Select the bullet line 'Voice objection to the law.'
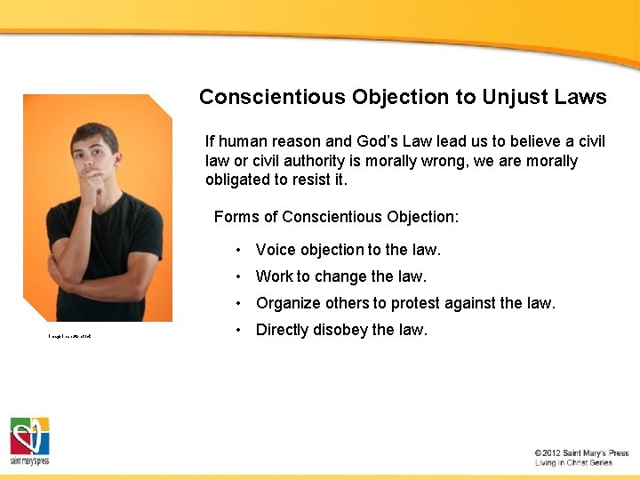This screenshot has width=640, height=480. (x=348, y=250)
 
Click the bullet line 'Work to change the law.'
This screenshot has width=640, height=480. (x=341, y=276)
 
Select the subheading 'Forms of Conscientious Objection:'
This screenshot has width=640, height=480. (x=336, y=217)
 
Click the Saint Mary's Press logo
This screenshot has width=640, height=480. (x=29, y=441)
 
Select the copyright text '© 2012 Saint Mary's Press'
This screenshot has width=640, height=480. (x=581, y=453)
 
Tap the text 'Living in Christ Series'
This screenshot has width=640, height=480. (x=573, y=463)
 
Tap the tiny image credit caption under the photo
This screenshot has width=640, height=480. (x=70, y=335)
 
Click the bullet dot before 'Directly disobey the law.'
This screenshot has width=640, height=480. (x=239, y=330)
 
